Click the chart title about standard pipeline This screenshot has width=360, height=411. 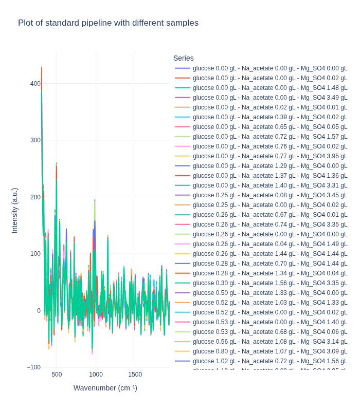[x=108, y=23]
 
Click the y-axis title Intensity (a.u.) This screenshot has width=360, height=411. [x=14, y=211]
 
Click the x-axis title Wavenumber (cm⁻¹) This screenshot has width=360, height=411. [x=105, y=388]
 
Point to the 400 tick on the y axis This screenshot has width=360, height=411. [x=35, y=84]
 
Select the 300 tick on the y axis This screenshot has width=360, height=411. [x=35, y=140]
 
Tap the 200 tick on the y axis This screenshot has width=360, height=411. [x=35, y=197]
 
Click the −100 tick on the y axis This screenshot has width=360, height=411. [x=33, y=367]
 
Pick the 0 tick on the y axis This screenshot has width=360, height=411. [x=38, y=311]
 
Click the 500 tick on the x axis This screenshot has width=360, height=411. [x=57, y=375]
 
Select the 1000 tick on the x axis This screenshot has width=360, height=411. [x=96, y=375]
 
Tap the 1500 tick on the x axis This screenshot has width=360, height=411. [x=135, y=375]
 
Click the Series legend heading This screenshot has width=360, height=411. [x=184, y=58]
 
